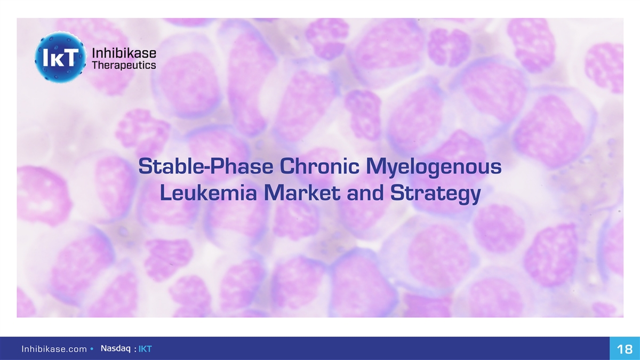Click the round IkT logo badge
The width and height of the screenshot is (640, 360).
click(x=60, y=57)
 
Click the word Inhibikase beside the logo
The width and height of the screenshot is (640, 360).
click(x=124, y=53)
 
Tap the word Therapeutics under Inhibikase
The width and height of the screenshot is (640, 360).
click(x=124, y=66)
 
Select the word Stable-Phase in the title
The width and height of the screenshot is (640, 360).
click(x=206, y=166)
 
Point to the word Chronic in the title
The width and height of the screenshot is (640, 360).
click(x=319, y=166)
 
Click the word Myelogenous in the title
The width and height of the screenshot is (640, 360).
click(x=434, y=167)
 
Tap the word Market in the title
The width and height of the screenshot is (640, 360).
click(x=302, y=193)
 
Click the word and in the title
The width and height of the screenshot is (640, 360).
click(x=365, y=193)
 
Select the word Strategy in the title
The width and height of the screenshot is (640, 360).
click(x=435, y=194)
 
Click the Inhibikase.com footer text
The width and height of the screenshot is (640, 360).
click(x=54, y=349)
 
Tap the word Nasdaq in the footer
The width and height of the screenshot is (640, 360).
click(x=115, y=349)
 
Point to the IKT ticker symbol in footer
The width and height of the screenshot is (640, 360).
click(x=145, y=349)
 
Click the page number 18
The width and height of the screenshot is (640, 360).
click(x=625, y=349)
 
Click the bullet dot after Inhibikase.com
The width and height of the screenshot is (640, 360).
click(x=92, y=349)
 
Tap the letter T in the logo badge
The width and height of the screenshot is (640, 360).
click(x=70, y=57)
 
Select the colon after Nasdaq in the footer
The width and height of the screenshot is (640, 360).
click(x=135, y=349)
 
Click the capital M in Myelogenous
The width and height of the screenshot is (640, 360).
click(x=374, y=166)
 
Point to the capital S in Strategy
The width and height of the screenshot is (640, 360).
click(x=397, y=193)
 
